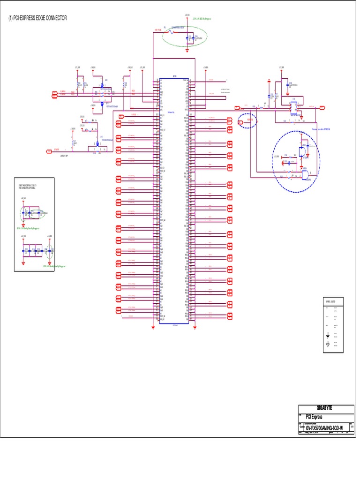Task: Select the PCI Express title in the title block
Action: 314,417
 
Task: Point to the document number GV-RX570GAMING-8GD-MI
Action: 324,428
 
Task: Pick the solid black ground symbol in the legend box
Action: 327,335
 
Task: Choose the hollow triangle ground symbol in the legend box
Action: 327,345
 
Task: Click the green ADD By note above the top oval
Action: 202,19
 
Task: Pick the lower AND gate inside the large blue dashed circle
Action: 306,175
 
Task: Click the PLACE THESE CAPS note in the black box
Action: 34,187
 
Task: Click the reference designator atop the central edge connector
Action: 174,76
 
